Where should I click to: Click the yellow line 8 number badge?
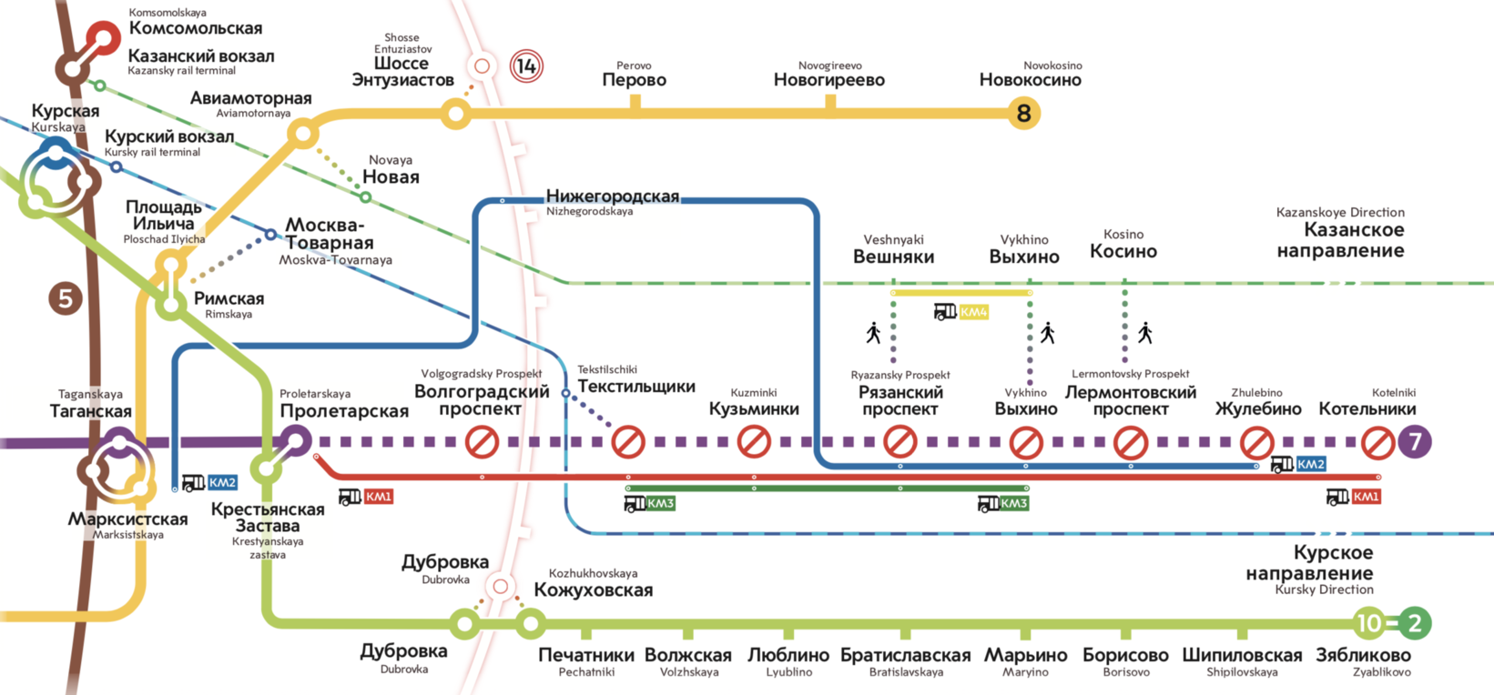point(1023,114)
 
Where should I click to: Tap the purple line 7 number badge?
point(1415,442)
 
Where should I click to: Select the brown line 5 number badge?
point(65,298)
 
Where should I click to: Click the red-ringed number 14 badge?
point(526,65)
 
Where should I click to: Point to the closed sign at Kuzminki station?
point(754,442)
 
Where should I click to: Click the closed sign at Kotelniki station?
point(1377,443)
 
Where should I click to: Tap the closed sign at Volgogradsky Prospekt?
point(482,442)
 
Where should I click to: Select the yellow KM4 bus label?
point(972,313)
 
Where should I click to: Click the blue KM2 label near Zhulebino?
point(1309,464)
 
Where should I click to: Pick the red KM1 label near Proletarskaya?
point(377,497)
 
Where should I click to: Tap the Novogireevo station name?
point(828,79)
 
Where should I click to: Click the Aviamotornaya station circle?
point(303,135)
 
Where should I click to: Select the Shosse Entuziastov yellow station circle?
point(455,114)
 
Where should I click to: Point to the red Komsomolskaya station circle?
point(103,38)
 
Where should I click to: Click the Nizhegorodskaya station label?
point(612,197)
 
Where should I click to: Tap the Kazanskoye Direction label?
point(1340,239)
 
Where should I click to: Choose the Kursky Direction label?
point(1309,564)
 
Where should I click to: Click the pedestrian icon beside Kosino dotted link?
point(1145,333)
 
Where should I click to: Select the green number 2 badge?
point(1414,623)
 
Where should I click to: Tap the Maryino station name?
point(1025,656)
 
